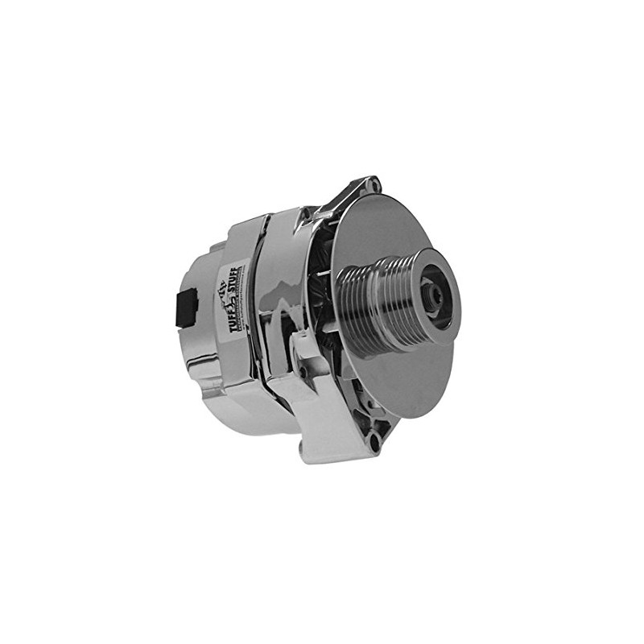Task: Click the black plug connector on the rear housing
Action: coord(185,305)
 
